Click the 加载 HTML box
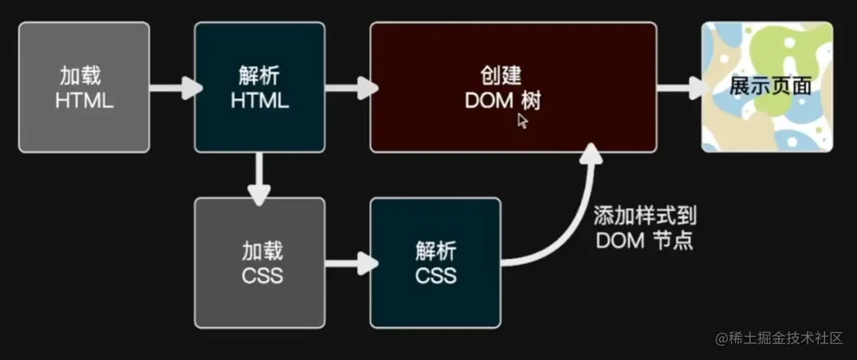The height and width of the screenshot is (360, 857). point(84,87)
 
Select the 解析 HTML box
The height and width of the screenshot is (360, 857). point(259,87)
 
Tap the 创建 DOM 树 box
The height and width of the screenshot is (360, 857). point(512,87)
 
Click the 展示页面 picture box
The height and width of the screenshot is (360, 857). point(767,87)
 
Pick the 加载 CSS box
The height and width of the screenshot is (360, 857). point(259,263)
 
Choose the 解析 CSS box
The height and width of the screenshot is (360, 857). point(435,263)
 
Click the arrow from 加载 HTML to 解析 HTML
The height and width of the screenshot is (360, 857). point(173,87)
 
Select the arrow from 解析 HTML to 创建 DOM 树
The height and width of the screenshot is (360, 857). point(349,87)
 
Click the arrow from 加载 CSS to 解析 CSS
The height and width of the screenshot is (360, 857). point(349,263)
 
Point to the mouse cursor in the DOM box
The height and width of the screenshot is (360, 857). point(523,121)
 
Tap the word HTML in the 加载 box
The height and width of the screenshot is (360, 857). point(84,101)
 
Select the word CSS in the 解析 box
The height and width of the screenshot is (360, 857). point(436,275)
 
